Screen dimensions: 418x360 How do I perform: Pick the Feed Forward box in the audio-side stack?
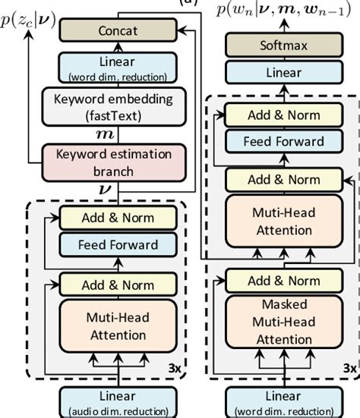pos(118,244)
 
